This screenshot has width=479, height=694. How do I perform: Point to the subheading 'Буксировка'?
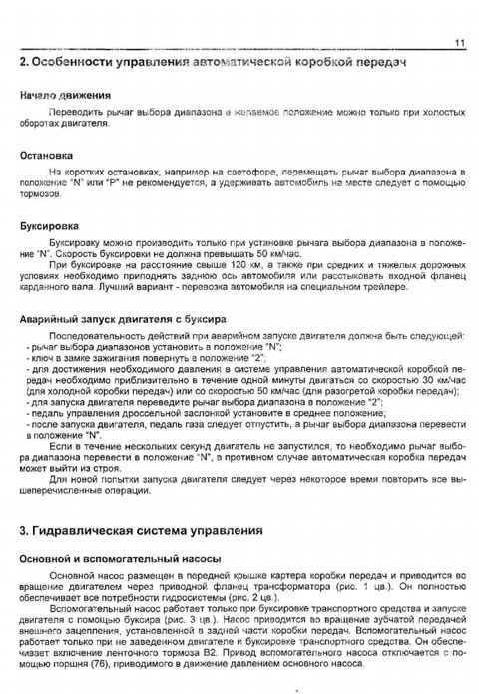point(50,226)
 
